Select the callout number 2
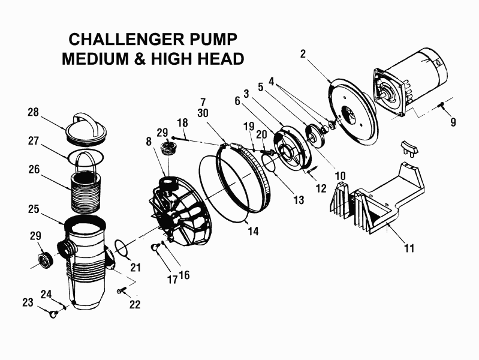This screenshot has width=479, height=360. pos(303,54)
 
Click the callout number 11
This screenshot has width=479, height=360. pos(409,247)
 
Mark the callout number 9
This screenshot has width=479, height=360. pos(453,122)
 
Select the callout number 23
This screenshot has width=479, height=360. pos(28,303)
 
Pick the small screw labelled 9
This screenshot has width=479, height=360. pos(441,105)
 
